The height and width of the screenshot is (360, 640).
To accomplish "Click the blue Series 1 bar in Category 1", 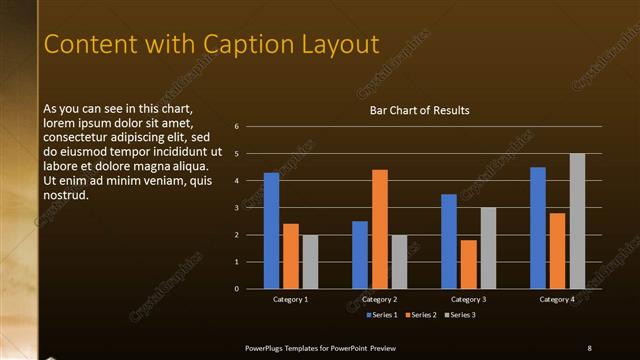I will click(271, 230).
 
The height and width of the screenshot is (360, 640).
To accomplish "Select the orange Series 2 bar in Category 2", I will click(380, 229).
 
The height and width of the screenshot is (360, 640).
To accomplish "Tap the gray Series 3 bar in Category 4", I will click(577, 221).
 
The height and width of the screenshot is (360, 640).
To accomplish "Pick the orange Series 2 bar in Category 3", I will click(469, 264).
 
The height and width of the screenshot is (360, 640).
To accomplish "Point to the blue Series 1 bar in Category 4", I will click(538, 228).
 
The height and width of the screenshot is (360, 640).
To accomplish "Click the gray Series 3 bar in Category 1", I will click(310, 262).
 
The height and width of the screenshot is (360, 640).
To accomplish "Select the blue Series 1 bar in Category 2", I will click(360, 255).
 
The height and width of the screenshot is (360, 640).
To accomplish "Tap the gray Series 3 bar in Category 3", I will click(488, 248).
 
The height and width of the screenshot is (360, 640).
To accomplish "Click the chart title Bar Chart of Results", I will click(419, 110).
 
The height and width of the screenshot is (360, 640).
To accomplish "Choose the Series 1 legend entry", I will click(383, 316).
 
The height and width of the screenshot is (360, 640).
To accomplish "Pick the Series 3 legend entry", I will click(460, 316).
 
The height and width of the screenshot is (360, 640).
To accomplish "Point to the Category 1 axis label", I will click(291, 299).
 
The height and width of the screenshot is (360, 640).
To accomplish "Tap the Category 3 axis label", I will click(469, 299).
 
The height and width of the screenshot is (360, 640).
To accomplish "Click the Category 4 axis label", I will click(558, 299).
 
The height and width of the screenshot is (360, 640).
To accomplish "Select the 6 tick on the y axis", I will click(236, 127).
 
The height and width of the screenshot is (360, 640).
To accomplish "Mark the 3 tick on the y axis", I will click(236, 208).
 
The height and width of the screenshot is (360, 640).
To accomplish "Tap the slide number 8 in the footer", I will click(589, 347).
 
